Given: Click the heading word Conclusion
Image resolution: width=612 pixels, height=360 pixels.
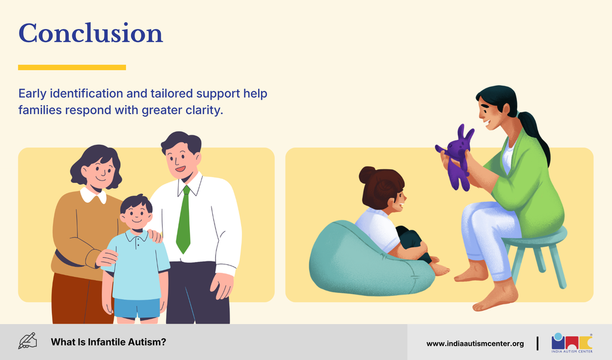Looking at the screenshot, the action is [x=91, y=33].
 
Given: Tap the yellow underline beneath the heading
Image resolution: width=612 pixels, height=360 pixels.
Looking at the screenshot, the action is [x=72, y=68].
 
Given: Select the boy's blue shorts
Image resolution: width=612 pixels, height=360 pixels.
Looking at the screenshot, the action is [x=137, y=309].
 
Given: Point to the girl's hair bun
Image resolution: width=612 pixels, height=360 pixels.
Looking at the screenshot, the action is [x=367, y=175].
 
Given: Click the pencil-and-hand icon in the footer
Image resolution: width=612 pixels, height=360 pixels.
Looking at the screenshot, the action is [x=27, y=341].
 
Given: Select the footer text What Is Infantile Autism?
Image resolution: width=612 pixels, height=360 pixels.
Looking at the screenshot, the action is [x=108, y=342].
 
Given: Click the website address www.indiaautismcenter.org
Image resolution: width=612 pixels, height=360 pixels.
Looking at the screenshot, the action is [x=475, y=344].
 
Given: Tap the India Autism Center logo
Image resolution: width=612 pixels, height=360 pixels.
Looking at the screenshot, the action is [x=572, y=343].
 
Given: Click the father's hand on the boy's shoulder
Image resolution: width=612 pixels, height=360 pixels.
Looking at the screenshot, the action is [x=155, y=236].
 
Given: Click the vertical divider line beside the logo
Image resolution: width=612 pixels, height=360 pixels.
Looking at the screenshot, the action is [x=537, y=343].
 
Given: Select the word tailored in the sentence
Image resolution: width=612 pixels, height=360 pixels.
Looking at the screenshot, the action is [x=172, y=94].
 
